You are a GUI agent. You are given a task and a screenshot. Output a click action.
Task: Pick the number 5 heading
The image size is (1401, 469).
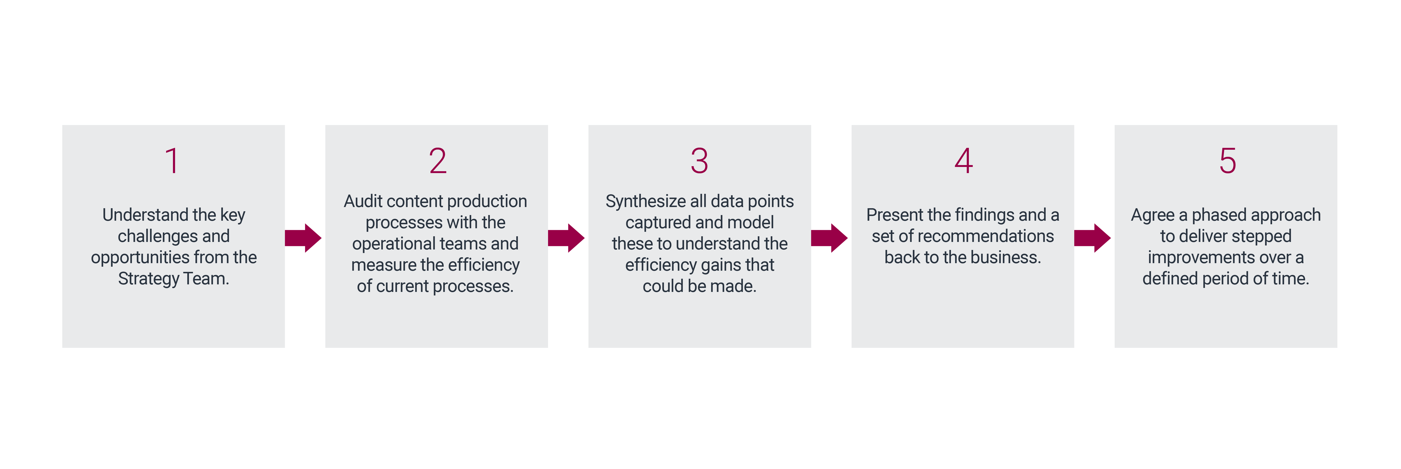coord(1228,161)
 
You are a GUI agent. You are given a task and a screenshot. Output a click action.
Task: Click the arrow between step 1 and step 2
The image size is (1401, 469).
coord(303,238)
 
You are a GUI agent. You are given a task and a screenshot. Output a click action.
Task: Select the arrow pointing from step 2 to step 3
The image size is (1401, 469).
coord(566,238)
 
